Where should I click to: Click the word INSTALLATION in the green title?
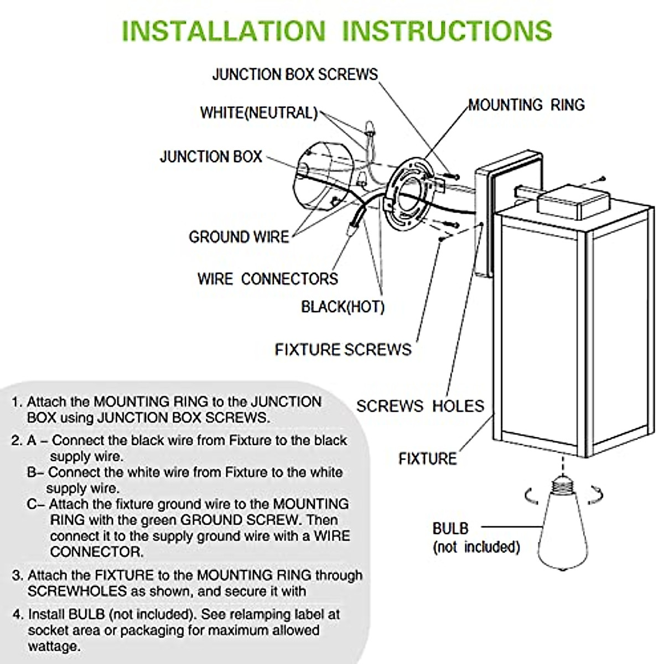pyautogui.click(x=223, y=30)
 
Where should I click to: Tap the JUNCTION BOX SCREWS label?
pyautogui.click(x=295, y=75)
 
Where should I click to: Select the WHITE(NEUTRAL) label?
pyautogui.click(x=258, y=113)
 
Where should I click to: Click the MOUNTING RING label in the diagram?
pyautogui.click(x=526, y=105)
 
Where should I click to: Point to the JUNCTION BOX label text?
pyautogui.click(x=211, y=157)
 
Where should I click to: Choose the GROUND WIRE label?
pyautogui.click(x=239, y=237)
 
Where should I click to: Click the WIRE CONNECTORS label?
pyautogui.click(x=267, y=278)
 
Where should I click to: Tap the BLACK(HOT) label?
pyautogui.click(x=343, y=307)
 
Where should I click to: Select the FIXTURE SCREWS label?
pyautogui.click(x=343, y=350)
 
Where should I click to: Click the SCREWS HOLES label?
pyautogui.click(x=420, y=406)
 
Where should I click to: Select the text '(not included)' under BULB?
pyautogui.click(x=476, y=547)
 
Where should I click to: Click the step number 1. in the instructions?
pyautogui.click(x=17, y=402)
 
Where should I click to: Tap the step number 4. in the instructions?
pyautogui.click(x=18, y=615)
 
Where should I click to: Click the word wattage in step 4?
pyautogui.click(x=54, y=646)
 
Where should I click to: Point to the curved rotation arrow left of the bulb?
pyautogui.click(x=531, y=495)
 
